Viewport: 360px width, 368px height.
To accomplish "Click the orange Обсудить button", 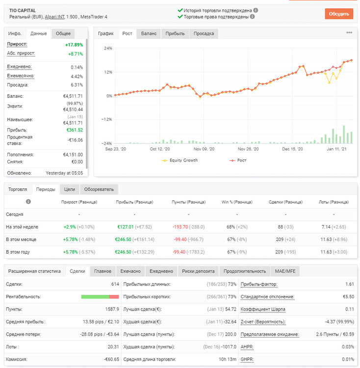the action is pos(339,14).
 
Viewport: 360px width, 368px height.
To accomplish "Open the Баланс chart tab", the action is pos(149,33).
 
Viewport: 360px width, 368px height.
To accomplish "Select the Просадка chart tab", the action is pos(204,33).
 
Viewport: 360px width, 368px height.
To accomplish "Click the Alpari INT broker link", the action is pos(54,17).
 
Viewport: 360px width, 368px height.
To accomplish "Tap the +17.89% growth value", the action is pos(74,45).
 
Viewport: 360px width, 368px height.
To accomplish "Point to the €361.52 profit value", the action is pos(75,130).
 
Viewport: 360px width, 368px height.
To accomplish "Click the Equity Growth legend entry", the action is pos(180,160).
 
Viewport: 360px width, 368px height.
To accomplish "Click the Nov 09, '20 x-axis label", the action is pos(204,149).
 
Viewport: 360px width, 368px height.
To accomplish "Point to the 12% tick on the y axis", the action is pos(108,72).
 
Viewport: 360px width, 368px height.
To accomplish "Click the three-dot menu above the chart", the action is pos(349,32).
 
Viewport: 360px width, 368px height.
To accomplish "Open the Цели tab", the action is pos(70,189).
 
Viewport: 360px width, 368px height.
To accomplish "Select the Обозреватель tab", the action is pos(99,189).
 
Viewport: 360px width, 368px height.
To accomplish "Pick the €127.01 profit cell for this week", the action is pos(126,227).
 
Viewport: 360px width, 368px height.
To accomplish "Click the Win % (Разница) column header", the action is pos(237,202).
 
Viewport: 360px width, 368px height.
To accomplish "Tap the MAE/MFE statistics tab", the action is pos(285,271).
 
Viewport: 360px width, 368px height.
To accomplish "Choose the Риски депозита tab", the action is pos(198,271).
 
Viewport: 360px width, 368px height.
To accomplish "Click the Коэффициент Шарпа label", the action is pos(263,309).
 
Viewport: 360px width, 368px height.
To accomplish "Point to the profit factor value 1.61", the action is pos(350,284).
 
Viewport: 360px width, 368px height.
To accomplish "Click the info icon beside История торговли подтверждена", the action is pos(256,10).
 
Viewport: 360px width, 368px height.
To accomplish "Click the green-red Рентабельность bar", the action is pos(100,297).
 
